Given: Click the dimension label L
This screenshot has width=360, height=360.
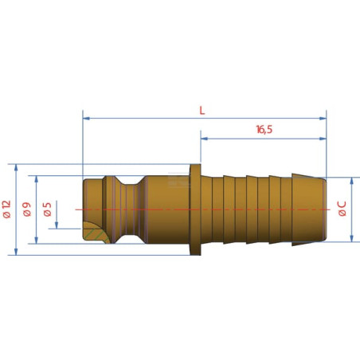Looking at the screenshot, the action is (202, 111).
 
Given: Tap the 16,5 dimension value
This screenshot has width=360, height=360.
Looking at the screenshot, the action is (264, 130).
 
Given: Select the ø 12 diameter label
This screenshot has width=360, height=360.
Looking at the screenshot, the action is (7, 209).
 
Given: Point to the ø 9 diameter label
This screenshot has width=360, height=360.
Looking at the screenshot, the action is (27, 209).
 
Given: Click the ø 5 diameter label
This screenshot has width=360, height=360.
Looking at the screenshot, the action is (47, 209).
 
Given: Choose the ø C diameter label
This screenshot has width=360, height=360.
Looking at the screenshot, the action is (342, 209).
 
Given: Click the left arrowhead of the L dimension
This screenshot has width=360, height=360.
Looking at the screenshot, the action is (86, 118).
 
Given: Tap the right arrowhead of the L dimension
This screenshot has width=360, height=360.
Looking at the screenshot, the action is (323, 118).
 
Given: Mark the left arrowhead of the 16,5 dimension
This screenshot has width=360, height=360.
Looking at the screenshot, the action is (204, 139).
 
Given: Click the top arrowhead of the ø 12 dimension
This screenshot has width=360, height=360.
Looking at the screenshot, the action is (16, 168).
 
